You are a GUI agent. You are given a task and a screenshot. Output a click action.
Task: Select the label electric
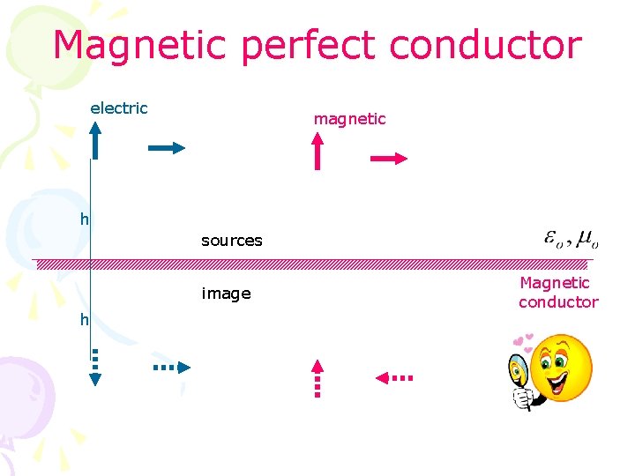(119, 108)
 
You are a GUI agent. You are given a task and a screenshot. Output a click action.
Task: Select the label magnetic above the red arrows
(349, 119)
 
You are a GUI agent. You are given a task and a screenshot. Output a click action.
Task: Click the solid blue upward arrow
(95, 141)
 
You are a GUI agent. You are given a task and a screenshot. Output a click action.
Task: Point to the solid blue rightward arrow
(167, 148)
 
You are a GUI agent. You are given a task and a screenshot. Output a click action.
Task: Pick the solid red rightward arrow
(389, 159)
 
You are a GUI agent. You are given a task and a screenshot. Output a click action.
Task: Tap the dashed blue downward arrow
(95, 367)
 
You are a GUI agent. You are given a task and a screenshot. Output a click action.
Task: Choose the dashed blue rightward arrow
(171, 367)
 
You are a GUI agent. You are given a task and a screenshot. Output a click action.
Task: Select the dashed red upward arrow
(318, 378)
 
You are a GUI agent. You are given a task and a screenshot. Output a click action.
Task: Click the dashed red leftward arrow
(393, 377)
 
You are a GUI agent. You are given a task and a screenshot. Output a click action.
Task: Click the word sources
(231, 241)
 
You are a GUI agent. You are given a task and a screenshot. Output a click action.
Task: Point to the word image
(226, 294)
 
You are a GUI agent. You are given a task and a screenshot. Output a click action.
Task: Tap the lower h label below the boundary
(85, 320)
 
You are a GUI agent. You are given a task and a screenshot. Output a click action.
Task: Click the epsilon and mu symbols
(571, 239)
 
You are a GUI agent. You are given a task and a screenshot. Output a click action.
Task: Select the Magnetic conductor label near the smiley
(557, 293)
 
